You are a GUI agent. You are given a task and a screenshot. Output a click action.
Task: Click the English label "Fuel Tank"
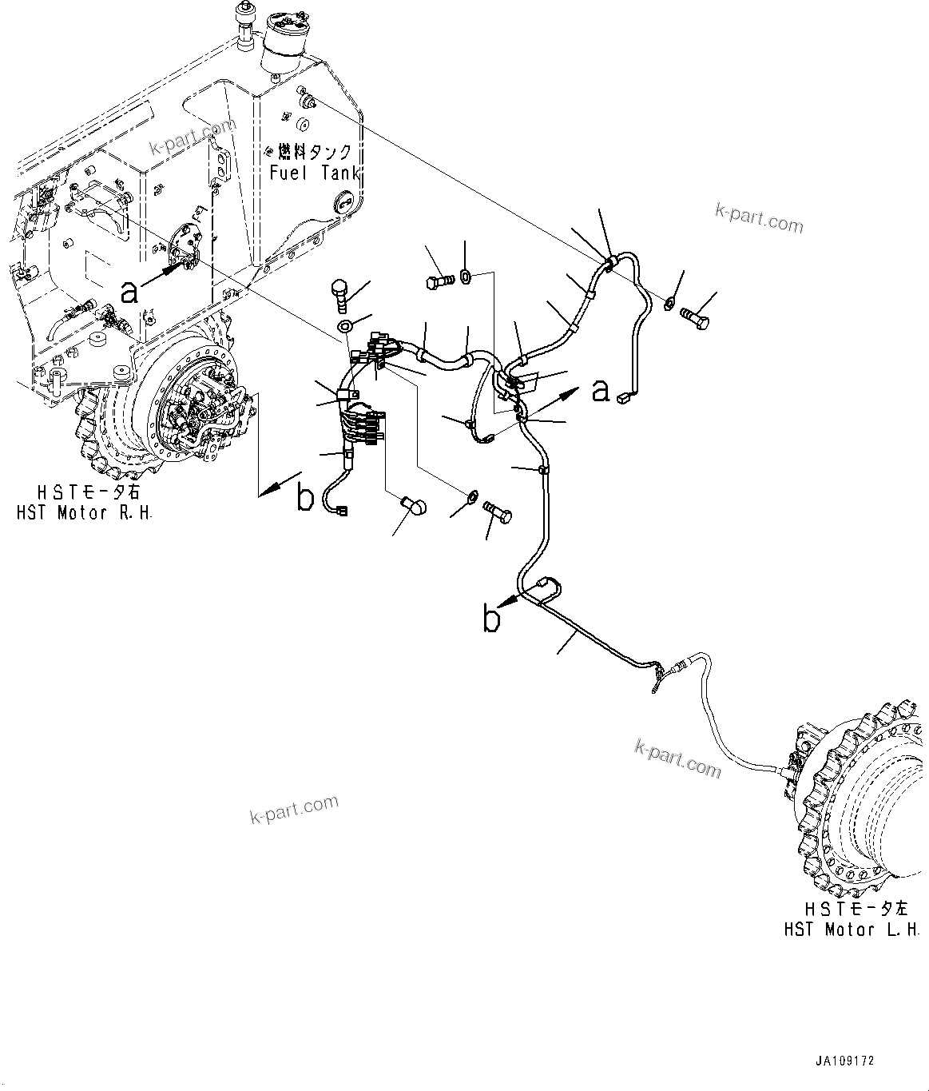pos(314,173)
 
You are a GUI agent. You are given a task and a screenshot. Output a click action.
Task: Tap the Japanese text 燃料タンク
pos(314,152)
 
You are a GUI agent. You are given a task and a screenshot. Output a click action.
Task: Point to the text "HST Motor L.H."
pos(851,930)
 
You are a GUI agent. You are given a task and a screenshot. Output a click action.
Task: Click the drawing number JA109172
pos(844,1061)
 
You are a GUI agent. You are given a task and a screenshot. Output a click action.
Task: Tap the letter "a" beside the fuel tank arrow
pos(129,293)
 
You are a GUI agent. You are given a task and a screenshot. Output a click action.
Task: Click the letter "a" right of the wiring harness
pos(600,391)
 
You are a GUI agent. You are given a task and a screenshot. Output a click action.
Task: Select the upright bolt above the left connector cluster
pos(340,293)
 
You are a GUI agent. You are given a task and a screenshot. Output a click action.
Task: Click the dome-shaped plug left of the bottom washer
pos(415,505)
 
